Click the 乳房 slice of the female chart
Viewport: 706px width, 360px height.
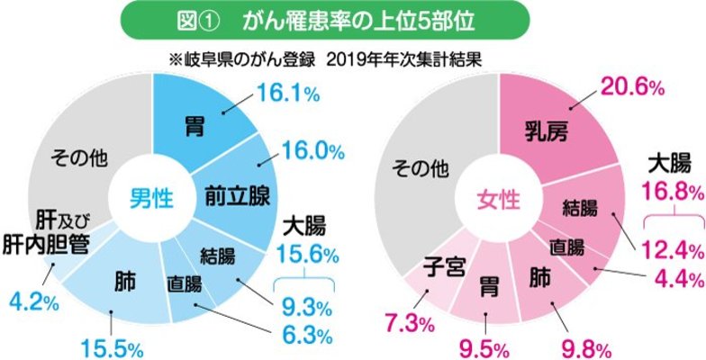pos(548,135)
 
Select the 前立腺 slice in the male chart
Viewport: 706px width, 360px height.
pos(237,193)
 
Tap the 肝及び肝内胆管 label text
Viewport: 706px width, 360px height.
pos(45,232)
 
